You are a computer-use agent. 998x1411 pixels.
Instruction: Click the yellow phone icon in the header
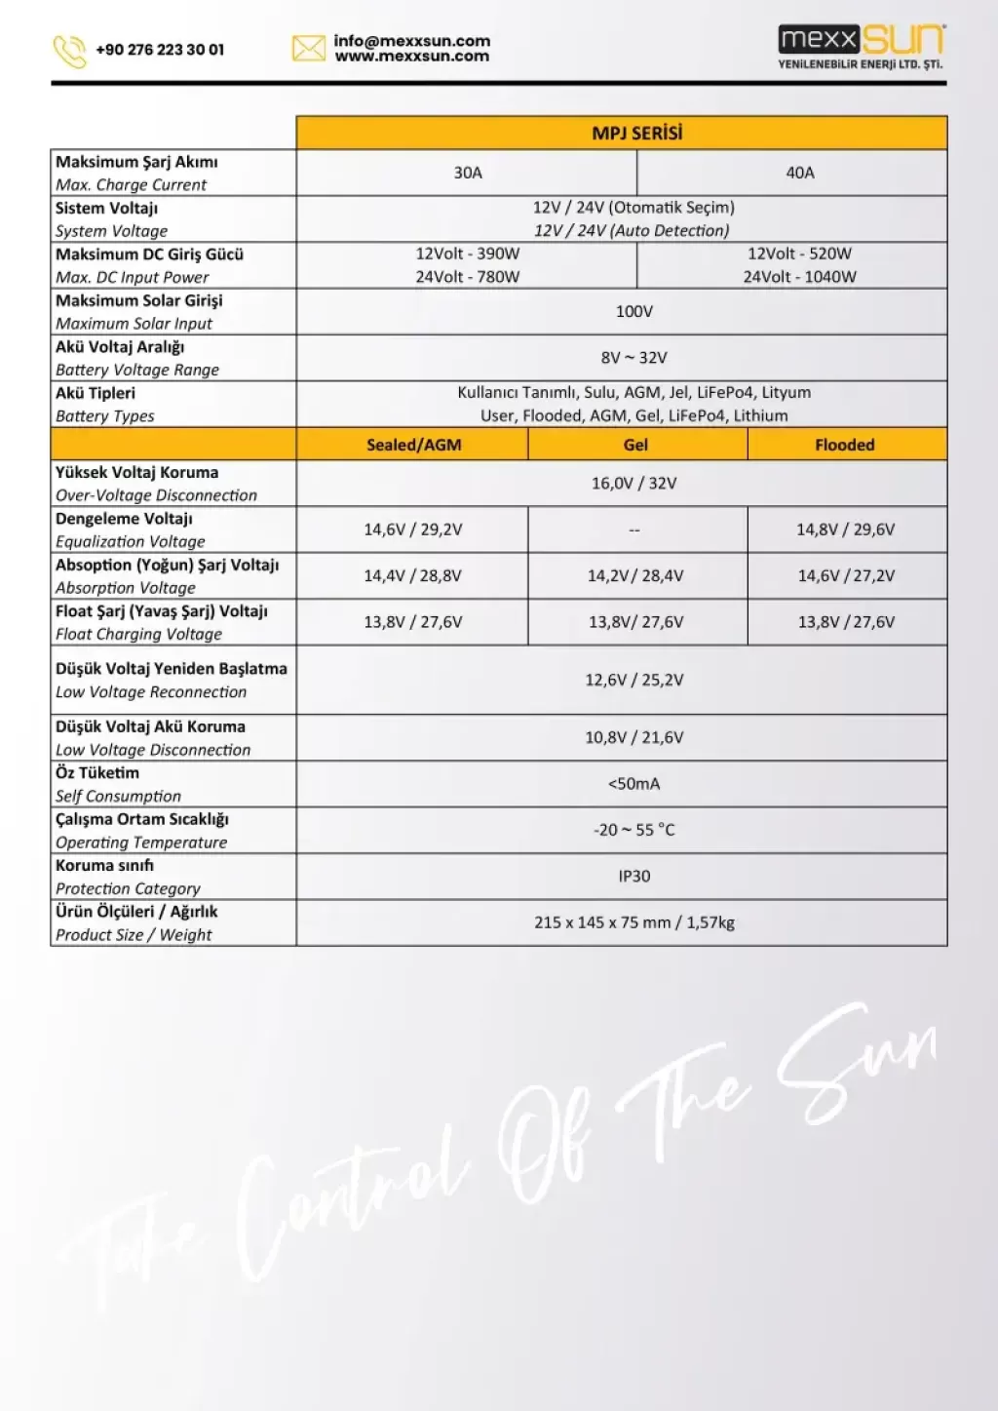[69, 51]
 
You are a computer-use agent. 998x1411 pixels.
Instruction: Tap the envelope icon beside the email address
[309, 48]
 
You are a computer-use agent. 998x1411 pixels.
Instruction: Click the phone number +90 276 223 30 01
[160, 50]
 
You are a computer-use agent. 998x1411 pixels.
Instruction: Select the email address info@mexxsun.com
[411, 41]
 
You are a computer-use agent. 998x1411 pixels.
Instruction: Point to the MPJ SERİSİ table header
[637, 133]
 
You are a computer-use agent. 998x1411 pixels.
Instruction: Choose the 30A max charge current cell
[468, 173]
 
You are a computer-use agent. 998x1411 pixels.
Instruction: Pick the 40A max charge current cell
[800, 173]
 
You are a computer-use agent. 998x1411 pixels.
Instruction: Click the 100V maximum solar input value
[634, 311]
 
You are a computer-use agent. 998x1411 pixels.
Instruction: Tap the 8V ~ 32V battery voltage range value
[634, 358]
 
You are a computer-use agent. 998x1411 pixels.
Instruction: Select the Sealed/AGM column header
[414, 445]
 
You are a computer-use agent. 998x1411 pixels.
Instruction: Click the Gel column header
[635, 445]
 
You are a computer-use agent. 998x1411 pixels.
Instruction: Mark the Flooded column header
[845, 445]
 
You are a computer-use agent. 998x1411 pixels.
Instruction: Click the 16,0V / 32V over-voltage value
[634, 483]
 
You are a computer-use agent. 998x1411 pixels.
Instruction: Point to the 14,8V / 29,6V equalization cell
[845, 529]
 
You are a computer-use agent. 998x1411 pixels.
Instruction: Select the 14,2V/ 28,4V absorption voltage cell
[635, 575]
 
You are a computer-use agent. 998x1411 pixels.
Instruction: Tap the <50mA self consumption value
[634, 783]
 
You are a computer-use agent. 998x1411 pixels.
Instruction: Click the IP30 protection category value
[634, 876]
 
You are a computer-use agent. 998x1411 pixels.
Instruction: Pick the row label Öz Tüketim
[97, 773]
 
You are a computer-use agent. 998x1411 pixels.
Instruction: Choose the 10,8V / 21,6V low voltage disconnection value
[634, 737]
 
